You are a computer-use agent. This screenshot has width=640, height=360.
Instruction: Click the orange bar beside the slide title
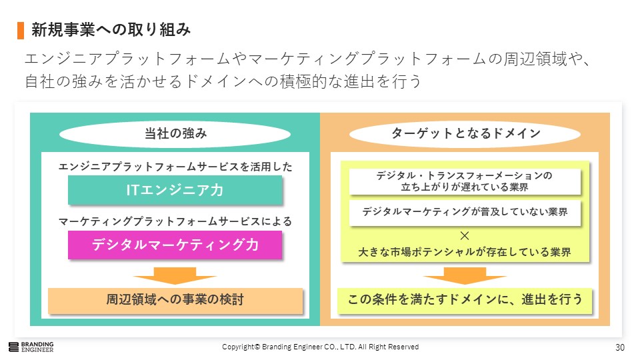[x=21, y=31]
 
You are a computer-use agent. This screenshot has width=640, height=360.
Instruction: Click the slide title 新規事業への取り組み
[x=111, y=30]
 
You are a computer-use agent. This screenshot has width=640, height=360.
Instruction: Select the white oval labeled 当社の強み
[x=175, y=134]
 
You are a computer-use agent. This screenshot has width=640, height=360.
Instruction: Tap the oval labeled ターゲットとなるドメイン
[x=465, y=134]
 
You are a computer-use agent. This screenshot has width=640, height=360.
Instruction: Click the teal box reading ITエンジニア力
[x=175, y=190]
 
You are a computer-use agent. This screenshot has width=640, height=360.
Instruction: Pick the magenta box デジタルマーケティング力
[x=175, y=245]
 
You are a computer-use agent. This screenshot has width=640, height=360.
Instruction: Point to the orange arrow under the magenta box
[x=175, y=275]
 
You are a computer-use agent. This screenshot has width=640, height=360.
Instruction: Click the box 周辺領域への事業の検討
[x=175, y=301]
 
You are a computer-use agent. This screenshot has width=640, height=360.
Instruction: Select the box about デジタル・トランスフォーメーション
[x=465, y=181]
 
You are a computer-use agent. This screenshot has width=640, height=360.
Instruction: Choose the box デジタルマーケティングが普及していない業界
[x=465, y=212]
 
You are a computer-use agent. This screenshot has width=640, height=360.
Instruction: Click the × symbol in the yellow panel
[x=465, y=235]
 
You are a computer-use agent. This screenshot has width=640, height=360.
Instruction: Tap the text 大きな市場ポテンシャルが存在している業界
[x=465, y=252]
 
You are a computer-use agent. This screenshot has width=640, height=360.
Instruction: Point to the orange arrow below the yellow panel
[x=465, y=275]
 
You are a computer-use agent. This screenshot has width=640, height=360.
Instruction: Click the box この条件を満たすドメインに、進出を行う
[x=465, y=301]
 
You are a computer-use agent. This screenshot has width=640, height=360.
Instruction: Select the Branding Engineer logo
[x=31, y=347]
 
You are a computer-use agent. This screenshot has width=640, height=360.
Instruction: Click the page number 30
[x=619, y=347]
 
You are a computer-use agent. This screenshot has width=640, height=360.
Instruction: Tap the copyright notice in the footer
[x=321, y=347]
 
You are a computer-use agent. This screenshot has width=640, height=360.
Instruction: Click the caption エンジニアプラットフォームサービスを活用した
[x=175, y=167]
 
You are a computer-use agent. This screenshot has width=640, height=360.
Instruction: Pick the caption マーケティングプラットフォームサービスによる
[x=175, y=221]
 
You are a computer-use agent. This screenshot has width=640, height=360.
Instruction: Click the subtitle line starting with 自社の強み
[x=223, y=81]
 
